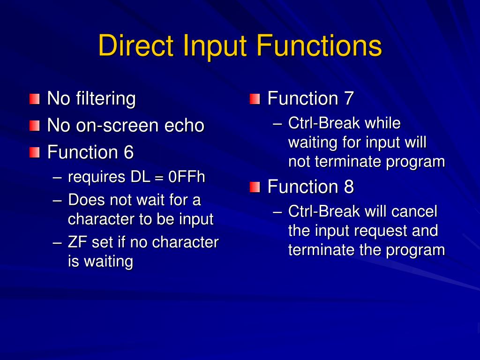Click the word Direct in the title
coord(136,46)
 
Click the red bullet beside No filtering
coord(34,99)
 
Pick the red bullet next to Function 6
coord(34,152)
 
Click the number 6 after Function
coord(128,152)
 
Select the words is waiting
coord(100,261)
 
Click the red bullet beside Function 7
coord(255,99)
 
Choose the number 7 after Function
coord(349,99)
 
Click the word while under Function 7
coord(382,124)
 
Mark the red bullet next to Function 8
coord(255,187)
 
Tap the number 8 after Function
coord(349,187)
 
